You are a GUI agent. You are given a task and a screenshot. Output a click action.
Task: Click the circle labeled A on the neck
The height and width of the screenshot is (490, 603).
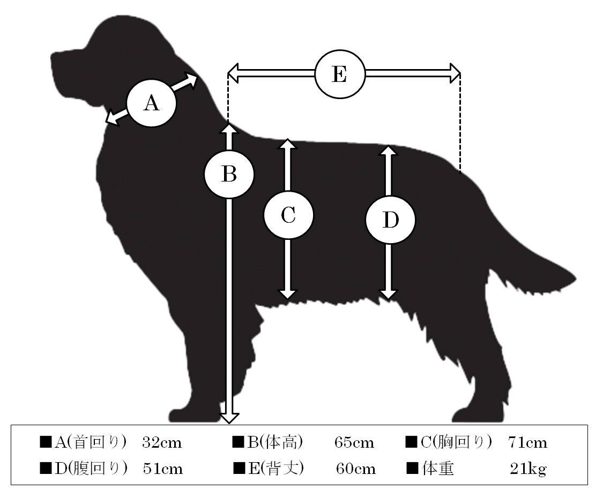tap(152, 103)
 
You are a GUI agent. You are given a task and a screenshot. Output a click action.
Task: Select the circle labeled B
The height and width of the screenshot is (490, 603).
tap(229, 174)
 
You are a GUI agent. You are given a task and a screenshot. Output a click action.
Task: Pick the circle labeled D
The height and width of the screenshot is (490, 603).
tap(390, 220)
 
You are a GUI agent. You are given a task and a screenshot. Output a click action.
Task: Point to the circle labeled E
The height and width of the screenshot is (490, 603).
tap(340, 74)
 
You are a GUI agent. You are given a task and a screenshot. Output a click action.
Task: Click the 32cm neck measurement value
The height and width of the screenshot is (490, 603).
tap(162, 443)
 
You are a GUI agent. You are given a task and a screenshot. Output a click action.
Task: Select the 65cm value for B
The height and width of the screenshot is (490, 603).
tap(354, 443)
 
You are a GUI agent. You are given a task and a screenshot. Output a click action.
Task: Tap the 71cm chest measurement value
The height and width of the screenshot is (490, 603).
tap(527, 443)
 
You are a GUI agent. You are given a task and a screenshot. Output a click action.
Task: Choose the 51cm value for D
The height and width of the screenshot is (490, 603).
tap(162, 469)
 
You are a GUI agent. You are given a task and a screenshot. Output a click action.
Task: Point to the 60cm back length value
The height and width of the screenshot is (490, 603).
tap(356, 469)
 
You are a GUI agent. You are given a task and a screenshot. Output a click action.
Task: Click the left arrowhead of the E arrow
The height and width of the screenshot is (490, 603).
tap(233, 73)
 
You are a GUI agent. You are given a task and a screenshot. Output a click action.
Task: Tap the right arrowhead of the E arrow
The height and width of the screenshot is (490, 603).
tap(455, 73)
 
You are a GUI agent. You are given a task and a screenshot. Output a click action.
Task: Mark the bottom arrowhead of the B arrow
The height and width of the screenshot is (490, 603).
tap(229, 418)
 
